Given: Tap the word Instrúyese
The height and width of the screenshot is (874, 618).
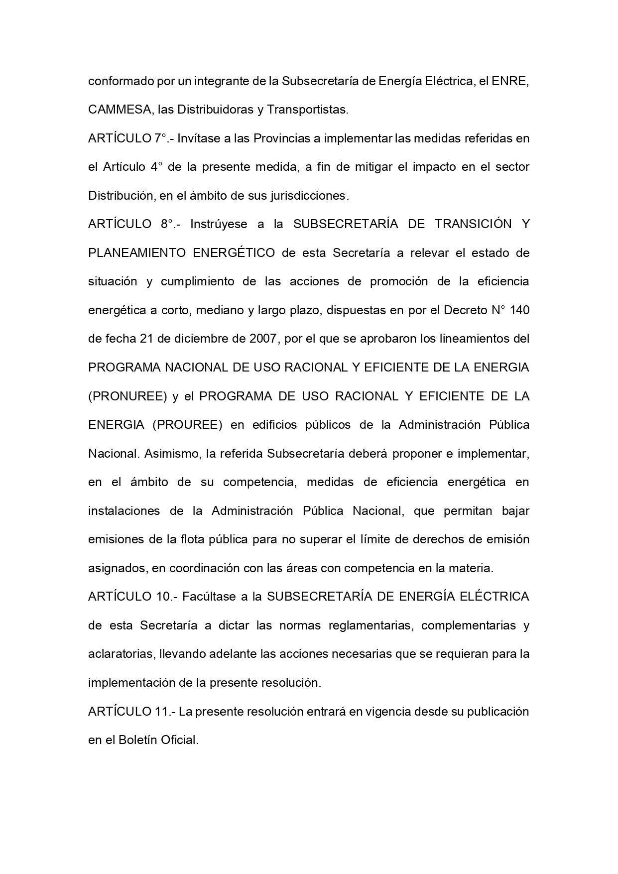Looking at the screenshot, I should pos(219,224).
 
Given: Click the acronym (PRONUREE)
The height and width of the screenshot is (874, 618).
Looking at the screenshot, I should pos(127,396).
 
